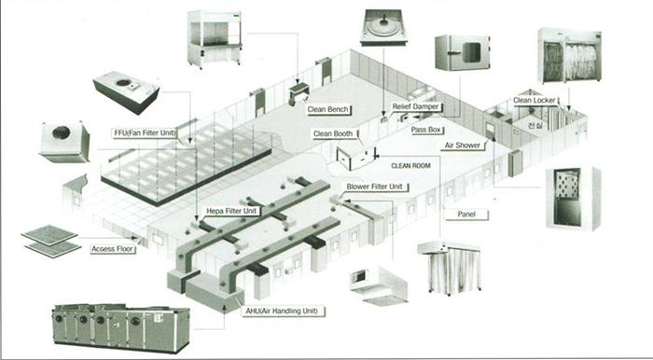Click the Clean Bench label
328,110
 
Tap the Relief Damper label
415,107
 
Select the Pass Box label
425,130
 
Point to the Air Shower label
463,145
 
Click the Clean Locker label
534,101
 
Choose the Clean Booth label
333,133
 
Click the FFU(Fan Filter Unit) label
145,133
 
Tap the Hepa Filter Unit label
231,211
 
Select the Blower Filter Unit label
374,187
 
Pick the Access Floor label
113,249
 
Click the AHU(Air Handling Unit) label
282,311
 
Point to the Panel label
466,215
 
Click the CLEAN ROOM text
410,166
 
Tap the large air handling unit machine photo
120,327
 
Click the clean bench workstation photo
215,39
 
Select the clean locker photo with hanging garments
569,55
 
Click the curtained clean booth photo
450,267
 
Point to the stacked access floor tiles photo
50,242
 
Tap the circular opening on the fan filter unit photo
123,82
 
